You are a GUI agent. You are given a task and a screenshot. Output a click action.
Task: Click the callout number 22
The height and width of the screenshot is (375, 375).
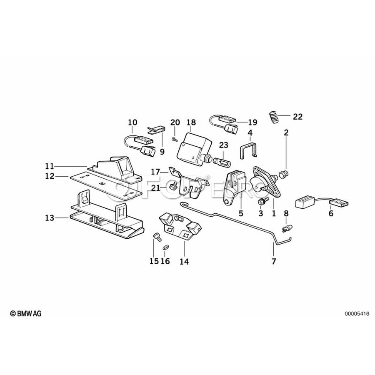[297, 117]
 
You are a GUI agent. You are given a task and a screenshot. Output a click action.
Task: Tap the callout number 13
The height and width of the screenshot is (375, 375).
[50, 217]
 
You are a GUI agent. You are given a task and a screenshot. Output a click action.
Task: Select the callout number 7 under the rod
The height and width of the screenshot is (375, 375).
[274, 262]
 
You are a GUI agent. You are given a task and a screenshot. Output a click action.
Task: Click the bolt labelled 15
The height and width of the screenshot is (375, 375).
[157, 237]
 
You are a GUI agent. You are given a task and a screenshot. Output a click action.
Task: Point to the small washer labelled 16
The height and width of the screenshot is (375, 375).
[165, 247]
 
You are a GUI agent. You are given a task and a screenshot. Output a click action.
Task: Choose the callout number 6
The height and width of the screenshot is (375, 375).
[331, 213]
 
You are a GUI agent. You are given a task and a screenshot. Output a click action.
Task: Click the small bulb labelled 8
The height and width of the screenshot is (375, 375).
[286, 227]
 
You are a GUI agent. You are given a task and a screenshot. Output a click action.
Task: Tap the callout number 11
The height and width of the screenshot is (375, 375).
[50, 165]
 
